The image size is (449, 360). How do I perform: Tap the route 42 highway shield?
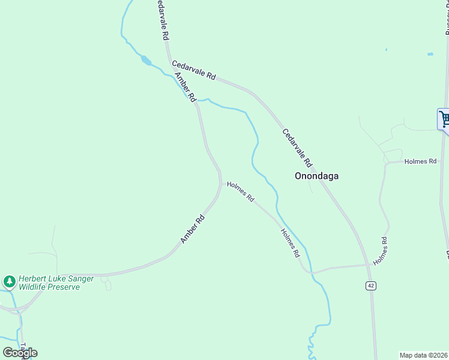pos(371,286)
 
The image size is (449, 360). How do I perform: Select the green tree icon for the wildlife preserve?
pos(9,281)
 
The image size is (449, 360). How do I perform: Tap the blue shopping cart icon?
pos(444,119)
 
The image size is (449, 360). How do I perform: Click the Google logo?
pos(20,353)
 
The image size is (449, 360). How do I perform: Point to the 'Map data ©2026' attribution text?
pos(424,355)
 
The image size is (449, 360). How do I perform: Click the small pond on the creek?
pos(146,60)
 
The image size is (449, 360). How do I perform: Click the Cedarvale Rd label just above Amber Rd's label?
pos(193,70)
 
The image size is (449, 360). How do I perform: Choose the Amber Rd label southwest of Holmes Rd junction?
pos(193,229)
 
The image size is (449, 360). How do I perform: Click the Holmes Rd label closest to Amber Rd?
pos(241,191)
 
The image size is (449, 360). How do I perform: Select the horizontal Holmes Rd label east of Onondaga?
pos(420,161)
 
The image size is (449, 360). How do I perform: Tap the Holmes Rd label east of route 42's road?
pos(381,251)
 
